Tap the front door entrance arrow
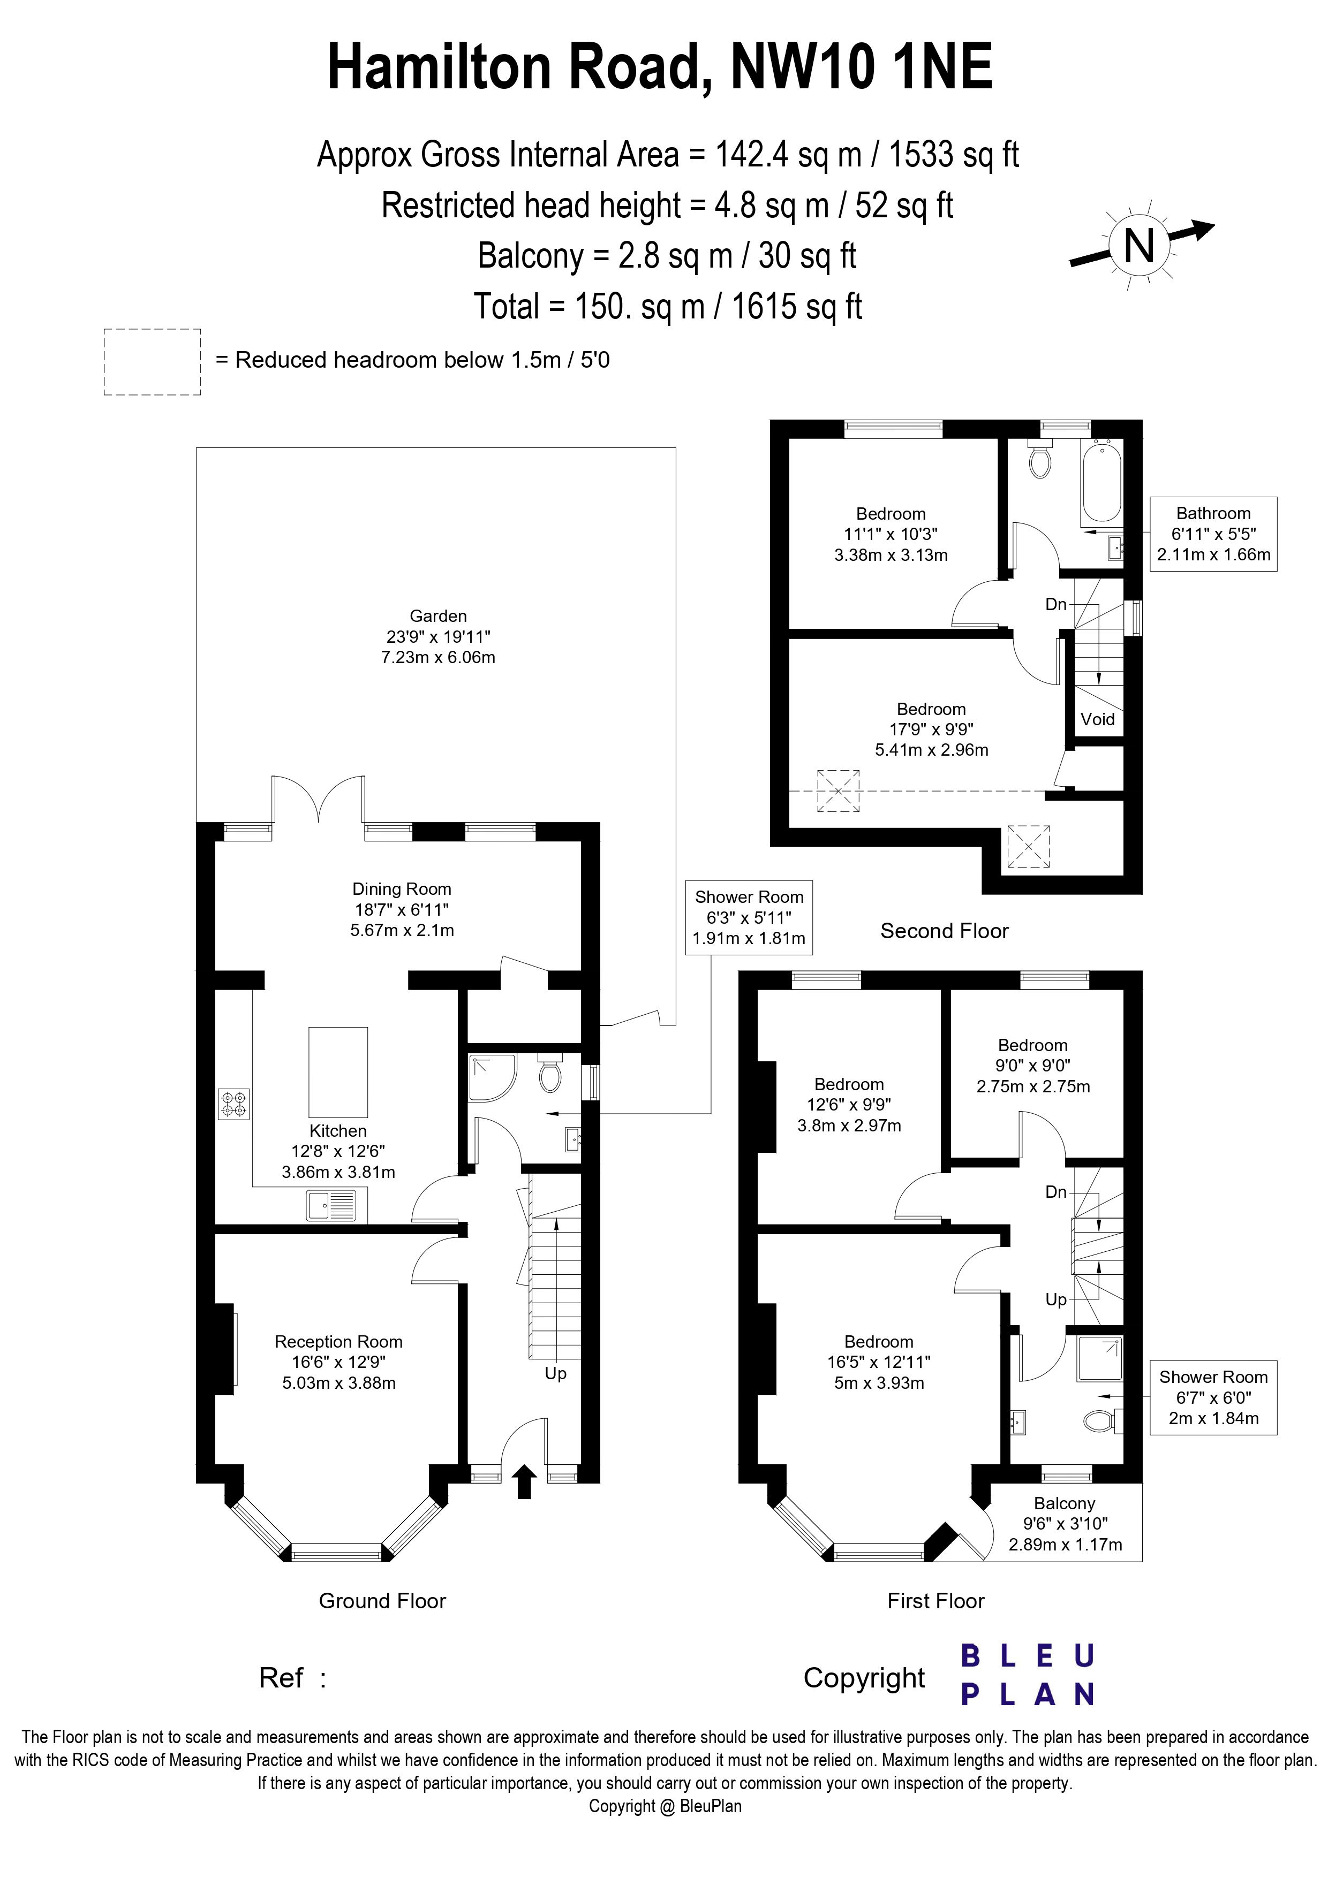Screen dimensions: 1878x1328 tap(524, 1482)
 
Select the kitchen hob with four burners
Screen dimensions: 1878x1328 tap(233, 1104)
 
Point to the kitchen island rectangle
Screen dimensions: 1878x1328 tap(338, 1071)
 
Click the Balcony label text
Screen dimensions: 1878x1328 tap(1063, 1503)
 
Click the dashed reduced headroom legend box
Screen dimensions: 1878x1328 tap(152, 362)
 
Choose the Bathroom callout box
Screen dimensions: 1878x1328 tap(1213, 533)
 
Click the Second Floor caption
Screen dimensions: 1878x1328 tap(944, 931)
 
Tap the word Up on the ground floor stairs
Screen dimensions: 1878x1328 tap(556, 1373)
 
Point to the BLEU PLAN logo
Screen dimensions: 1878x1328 tap(1028, 1675)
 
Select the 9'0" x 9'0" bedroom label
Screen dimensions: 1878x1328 tap(1032, 1066)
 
